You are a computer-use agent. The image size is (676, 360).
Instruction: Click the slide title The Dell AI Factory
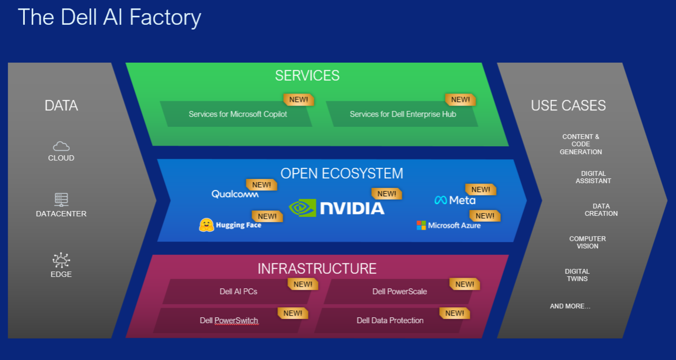[109, 17]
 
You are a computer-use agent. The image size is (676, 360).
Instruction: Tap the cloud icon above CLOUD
[61, 146]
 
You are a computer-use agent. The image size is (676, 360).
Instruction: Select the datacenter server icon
[61, 199]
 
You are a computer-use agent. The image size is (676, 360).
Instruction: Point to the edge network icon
[61, 260]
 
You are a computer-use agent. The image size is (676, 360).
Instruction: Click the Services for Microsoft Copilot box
[238, 114]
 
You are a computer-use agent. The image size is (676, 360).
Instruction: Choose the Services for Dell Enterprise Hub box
[402, 114]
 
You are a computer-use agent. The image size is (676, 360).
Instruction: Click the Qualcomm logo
[235, 194]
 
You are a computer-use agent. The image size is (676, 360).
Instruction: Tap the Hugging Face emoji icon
[206, 225]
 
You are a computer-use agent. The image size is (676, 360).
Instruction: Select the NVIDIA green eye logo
[303, 207]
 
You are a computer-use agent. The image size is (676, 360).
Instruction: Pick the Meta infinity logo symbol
[440, 200]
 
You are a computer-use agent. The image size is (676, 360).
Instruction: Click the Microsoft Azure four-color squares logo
[421, 225]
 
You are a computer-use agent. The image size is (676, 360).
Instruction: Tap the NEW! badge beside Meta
[481, 190]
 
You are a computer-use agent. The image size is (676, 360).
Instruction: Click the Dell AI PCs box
[238, 291]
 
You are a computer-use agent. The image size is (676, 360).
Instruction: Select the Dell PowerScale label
[399, 291]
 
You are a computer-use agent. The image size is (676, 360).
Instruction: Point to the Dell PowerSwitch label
[229, 320]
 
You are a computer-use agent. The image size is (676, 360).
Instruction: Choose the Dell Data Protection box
[390, 320]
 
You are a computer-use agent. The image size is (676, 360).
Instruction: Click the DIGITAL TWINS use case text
[577, 275]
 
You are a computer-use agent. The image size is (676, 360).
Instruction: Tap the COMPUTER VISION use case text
[587, 242]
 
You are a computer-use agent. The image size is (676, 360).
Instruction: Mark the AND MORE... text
[570, 306]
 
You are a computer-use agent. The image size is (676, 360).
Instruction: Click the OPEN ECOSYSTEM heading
[342, 173]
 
